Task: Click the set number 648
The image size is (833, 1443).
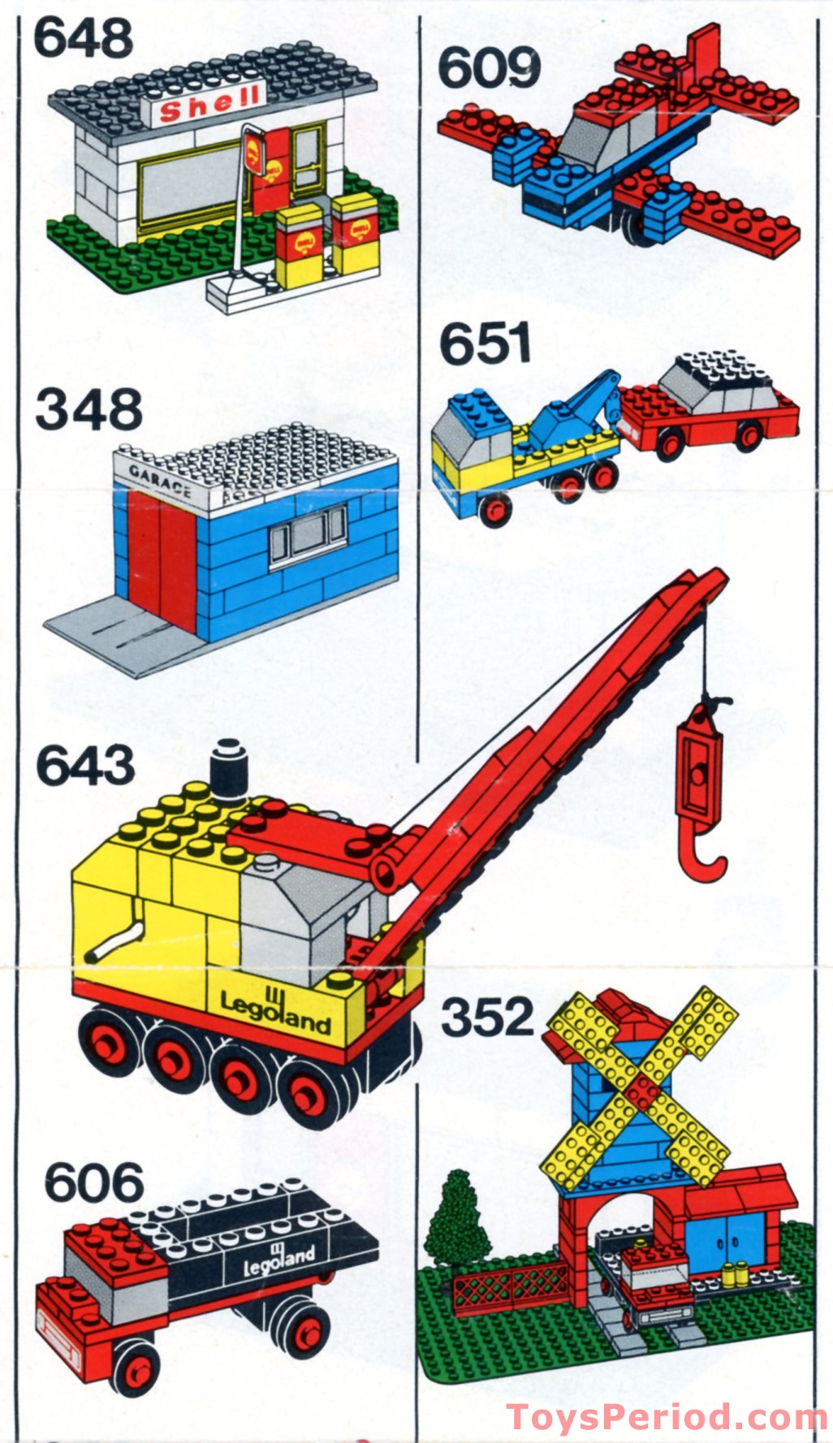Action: [83, 38]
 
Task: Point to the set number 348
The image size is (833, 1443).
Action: [88, 410]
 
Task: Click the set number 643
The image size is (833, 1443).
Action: [85, 766]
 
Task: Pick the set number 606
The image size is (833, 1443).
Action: [93, 1183]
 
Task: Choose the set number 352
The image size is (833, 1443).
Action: [487, 1017]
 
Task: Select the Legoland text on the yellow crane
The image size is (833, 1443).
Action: [276, 1012]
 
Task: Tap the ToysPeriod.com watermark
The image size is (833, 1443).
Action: [666, 1417]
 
